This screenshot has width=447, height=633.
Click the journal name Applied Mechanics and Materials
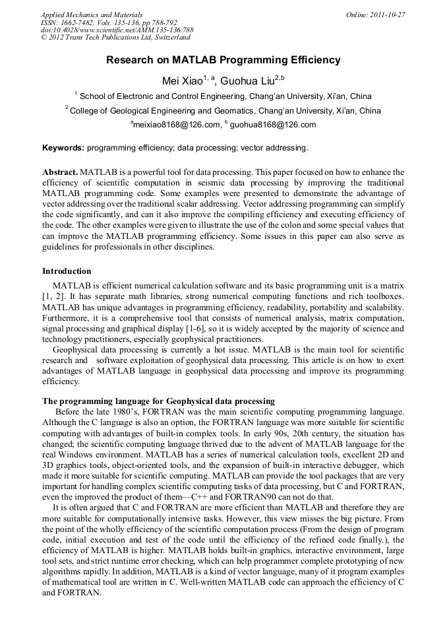pos(92,15)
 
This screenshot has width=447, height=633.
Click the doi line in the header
pos(117,30)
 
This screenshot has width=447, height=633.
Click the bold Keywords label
pos(63,148)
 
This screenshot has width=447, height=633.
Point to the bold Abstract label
pos(61,172)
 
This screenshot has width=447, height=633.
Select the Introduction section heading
pos(67,271)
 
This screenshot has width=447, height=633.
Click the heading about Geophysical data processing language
pos(158,401)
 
